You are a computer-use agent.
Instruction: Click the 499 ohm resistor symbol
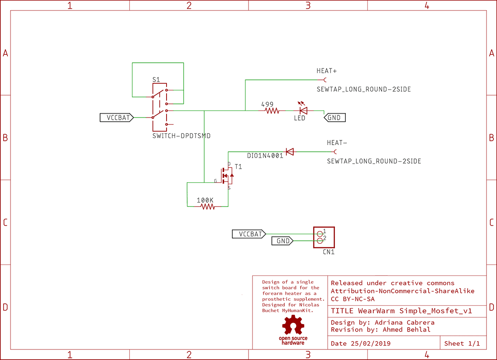pos(272,111)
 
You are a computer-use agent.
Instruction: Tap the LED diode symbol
pos(303,110)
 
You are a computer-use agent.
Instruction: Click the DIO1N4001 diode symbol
pos(289,152)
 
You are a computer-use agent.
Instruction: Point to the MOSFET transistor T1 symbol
pos(227,176)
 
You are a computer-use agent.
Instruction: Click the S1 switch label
pos(156,80)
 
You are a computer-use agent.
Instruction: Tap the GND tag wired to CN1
pos(282,241)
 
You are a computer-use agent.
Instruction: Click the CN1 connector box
pos(323,237)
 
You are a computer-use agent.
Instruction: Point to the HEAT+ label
pos(327,71)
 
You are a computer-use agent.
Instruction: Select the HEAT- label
pos(337,143)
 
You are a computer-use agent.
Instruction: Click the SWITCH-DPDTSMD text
pos(181,136)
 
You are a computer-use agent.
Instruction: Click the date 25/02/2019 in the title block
pos(370,343)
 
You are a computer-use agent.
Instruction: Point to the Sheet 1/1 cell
pos(462,343)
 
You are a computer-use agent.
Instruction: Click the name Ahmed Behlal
pos(407,329)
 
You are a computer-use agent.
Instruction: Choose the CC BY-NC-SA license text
pos(353,299)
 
